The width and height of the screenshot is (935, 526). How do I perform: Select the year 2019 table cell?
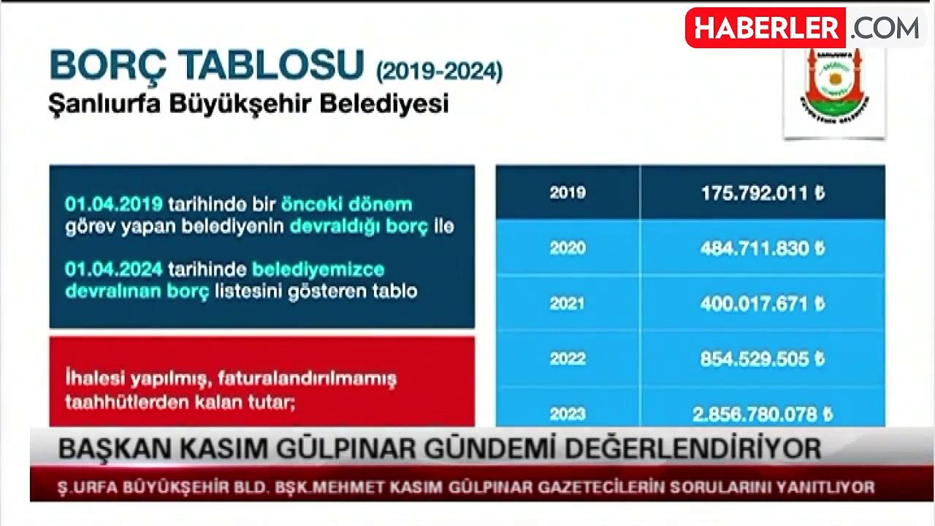tap(568, 193)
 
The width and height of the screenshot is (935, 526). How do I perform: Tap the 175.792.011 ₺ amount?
tap(763, 194)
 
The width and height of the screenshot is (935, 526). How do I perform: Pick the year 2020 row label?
tap(568, 248)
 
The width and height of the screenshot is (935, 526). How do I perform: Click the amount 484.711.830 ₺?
tap(763, 248)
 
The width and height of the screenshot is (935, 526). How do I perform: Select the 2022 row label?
tap(568, 359)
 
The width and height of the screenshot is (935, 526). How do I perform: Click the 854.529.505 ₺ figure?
tap(763, 359)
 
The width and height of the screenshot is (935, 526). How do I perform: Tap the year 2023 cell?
tap(568, 414)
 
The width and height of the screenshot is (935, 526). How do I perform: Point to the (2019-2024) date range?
tap(439, 72)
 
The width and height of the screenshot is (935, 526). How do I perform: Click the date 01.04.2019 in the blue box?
tap(113, 205)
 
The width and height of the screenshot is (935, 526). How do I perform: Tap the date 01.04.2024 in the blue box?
tap(113, 270)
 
